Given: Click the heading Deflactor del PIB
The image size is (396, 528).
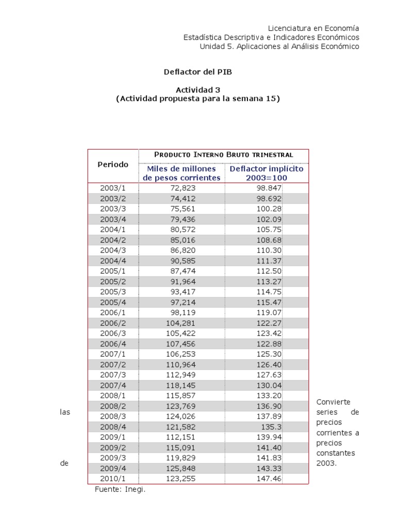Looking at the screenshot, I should (198, 72).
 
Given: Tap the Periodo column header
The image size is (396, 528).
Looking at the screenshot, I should (113, 164).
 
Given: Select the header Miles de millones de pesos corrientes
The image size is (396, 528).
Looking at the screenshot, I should (181, 173).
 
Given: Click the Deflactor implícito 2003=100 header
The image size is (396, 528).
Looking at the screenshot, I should (267, 173).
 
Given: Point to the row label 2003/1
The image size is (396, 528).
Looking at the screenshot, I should (113, 188).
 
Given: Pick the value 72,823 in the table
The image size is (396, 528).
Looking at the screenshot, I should (183, 188).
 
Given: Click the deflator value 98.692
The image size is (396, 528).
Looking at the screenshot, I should (269, 199).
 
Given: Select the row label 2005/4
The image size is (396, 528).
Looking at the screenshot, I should (113, 302).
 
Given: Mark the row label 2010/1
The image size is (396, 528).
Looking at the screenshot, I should (113, 478).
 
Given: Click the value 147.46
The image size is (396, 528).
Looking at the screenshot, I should (269, 478).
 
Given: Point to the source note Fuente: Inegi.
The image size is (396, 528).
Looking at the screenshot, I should (120, 489).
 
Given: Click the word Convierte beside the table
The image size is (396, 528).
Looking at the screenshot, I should (333, 402).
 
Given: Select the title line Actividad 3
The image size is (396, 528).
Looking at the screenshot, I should (198, 89).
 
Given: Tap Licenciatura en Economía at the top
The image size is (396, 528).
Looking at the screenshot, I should (314, 28).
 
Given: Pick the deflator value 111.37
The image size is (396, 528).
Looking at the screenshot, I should (269, 261).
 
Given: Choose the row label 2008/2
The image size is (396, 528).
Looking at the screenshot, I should (113, 406).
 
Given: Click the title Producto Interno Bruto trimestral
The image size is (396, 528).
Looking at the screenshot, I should (224, 155).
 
